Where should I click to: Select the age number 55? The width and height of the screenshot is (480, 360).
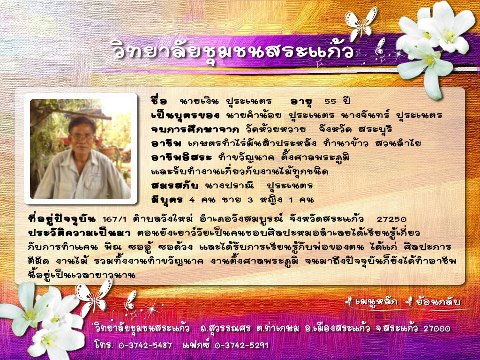click(330, 101)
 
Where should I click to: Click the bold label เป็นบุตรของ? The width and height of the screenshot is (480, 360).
click(186, 115)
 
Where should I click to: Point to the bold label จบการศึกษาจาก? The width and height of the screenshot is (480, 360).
click(195, 129)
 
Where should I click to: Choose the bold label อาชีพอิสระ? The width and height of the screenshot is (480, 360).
click(181, 157)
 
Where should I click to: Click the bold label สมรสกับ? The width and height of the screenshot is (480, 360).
click(175, 185)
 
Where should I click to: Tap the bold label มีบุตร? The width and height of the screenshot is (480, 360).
click(167, 200)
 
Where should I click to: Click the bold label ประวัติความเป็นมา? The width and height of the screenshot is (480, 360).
click(79, 232)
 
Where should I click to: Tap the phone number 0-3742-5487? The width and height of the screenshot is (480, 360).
click(145, 345)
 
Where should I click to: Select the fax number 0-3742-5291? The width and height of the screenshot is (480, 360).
click(241, 345)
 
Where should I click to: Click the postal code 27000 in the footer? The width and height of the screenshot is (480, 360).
click(437, 329)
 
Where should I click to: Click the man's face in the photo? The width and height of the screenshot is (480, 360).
click(81, 138)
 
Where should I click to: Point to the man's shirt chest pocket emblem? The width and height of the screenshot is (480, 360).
click(94, 175)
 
